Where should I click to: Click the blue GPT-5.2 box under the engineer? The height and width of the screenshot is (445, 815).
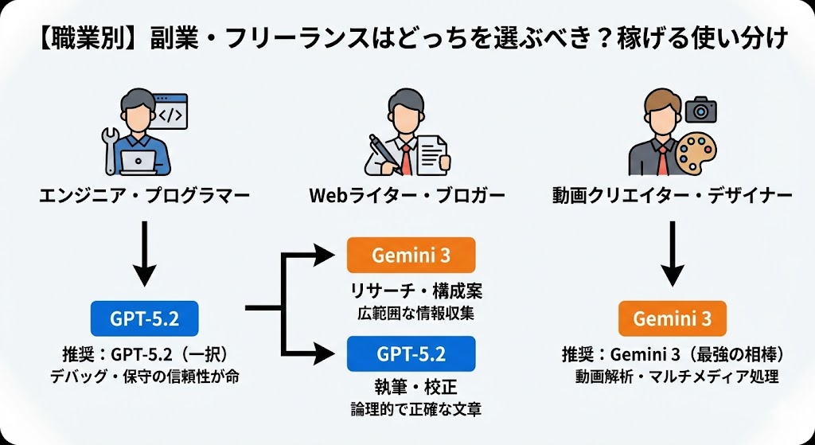(x=144, y=318)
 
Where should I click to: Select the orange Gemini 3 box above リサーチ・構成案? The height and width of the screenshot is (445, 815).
(x=411, y=256)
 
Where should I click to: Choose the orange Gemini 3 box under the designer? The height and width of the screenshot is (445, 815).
(x=673, y=318)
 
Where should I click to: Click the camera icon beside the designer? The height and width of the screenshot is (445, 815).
(x=701, y=110)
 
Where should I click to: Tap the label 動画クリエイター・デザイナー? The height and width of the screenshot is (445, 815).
(x=672, y=195)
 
